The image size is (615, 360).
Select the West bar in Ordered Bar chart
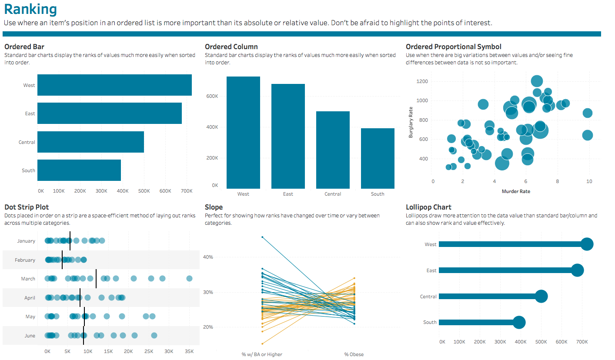tap(114, 85)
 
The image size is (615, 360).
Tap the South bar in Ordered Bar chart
tap(79, 170)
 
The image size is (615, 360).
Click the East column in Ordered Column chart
tap(288, 136)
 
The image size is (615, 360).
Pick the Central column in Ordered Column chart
tap(333, 150)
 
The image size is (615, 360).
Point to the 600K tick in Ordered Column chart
tap(212, 96)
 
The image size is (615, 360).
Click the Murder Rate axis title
tap(516, 191)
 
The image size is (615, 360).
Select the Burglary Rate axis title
tap(411, 123)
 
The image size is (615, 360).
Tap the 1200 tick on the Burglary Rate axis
tap(421, 81)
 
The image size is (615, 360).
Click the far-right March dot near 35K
tap(189, 279)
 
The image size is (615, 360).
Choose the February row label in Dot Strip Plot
tap(25, 260)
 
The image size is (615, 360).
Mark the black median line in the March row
tap(96, 279)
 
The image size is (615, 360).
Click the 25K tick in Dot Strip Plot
tap(148, 351)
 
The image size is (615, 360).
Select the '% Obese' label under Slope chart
tap(354, 354)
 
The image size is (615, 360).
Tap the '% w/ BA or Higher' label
tap(262, 354)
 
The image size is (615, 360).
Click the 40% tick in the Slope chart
tap(208, 257)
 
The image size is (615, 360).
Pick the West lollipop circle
tap(587, 244)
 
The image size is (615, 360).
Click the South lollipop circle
tap(519, 323)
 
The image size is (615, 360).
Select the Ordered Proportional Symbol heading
tap(453, 47)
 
